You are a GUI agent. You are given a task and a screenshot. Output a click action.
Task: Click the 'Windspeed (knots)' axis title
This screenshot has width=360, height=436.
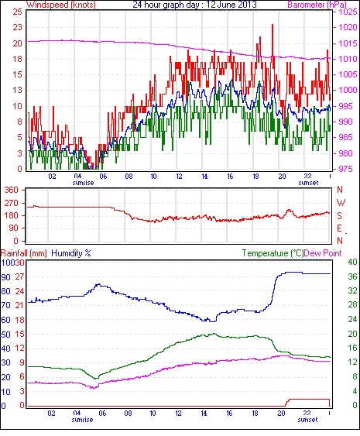(61, 5)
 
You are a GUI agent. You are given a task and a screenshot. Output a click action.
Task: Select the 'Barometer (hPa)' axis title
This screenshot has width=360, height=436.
(317, 5)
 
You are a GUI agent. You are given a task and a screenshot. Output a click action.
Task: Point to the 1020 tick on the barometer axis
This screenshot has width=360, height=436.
(347, 27)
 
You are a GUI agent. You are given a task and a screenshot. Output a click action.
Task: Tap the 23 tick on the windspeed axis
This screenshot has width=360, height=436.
(18, 27)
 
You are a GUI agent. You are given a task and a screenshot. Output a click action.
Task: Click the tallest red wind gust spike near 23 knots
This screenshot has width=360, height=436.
(273, 25)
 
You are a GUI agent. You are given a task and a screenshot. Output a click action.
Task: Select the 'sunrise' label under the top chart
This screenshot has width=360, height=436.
(83, 183)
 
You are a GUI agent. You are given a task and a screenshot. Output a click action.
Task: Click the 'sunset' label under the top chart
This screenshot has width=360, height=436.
(308, 183)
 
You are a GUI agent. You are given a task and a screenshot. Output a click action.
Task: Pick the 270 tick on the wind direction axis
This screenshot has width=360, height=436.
(12, 203)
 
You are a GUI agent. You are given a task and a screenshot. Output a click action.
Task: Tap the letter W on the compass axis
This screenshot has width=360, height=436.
(341, 203)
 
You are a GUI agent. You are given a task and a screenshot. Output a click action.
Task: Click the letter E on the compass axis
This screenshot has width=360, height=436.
(339, 228)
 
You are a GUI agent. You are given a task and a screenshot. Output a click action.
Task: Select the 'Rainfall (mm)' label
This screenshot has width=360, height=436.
(24, 253)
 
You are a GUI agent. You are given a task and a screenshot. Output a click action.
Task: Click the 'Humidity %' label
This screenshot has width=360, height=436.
(71, 253)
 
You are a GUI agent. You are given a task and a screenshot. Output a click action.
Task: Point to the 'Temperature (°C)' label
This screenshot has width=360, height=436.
(273, 253)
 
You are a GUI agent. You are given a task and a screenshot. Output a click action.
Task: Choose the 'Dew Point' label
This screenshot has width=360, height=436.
(323, 253)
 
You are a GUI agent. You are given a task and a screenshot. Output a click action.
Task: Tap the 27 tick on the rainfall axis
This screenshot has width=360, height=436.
(20, 276)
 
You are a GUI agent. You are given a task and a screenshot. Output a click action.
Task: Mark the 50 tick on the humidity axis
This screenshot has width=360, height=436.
(5, 335)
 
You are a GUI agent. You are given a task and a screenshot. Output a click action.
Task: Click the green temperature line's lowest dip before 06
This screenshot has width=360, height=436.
(96, 379)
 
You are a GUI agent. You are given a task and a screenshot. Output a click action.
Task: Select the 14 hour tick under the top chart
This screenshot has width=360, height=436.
(204, 177)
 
